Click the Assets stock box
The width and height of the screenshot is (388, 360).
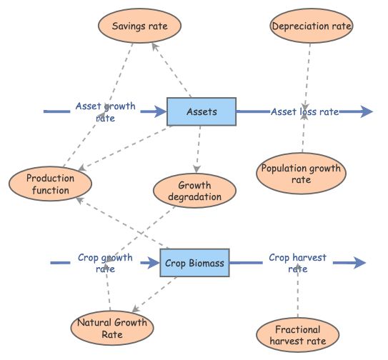pos(201,111)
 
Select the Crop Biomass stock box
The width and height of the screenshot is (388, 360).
pos(194,264)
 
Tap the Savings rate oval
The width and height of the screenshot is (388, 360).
pos(140,26)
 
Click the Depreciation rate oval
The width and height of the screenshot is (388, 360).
pos(312,27)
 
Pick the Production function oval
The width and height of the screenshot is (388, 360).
pos(49,184)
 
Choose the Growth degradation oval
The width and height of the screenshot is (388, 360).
pos(194,191)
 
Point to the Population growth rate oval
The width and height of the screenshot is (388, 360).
pos(301,174)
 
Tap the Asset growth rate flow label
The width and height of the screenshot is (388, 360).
pos(105,112)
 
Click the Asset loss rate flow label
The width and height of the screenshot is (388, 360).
pos(304,111)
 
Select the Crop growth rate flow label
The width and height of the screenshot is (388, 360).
pos(105,264)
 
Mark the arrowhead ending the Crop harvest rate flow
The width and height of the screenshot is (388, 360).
pos(359,264)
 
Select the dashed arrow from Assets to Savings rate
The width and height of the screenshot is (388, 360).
pos(174,71)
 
